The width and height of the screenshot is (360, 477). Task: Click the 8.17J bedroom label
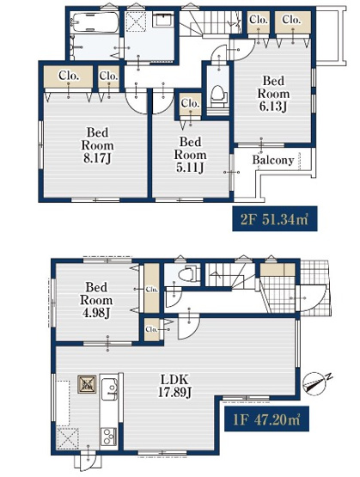click(97, 145)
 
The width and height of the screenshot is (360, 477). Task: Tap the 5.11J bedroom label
click(190, 155)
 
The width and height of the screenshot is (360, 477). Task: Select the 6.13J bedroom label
click(273, 94)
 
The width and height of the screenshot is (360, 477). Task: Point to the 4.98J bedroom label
click(96, 300)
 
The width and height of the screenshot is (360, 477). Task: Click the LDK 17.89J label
click(174, 386)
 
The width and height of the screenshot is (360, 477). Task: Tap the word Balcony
click(273, 160)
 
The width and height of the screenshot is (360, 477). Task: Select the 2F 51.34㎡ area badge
click(275, 218)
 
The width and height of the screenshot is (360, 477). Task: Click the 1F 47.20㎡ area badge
click(266, 419)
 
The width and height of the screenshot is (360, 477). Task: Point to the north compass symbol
click(316, 383)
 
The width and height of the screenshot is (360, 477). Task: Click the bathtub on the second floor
click(95, 22)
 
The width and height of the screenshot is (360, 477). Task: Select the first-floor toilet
click(187, 274)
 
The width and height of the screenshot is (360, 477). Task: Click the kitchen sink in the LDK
click(109, 388)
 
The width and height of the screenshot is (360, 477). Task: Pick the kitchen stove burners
click(109, 437)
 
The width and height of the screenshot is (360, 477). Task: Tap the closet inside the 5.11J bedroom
click(191, 104)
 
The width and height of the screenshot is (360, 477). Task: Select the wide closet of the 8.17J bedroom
click(69, 76)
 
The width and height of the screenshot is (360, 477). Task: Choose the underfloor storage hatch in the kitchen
click(87, 384)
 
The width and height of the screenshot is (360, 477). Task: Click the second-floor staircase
click(211, 23)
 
